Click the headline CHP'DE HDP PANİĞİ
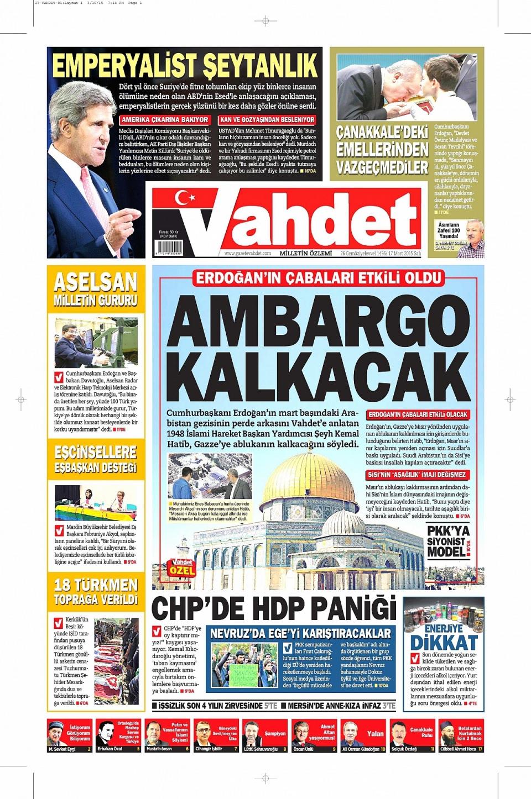coord(274,608)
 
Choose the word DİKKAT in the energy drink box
coord(444,642)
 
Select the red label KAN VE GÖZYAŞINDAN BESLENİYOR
coord(267,119)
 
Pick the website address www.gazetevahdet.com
coord(248,253)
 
